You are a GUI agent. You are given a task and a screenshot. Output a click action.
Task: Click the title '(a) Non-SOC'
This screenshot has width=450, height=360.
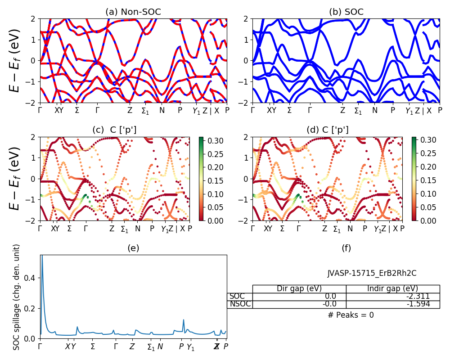(x=133, y=12)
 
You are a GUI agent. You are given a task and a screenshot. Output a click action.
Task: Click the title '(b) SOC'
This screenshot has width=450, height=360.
(x=346, y=12)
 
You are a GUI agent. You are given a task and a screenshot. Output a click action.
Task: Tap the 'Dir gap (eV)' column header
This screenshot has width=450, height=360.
(x=299, y=288)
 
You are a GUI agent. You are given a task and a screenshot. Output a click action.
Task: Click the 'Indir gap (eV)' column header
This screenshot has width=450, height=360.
(x=392, y=288)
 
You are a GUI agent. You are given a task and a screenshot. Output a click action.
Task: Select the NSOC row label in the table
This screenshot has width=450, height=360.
(x=240, y=304)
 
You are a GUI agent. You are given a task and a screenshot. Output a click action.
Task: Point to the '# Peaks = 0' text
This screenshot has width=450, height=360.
(x=351, y=315)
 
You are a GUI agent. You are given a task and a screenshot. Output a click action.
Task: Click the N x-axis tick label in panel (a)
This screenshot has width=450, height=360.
(x=162, y=110)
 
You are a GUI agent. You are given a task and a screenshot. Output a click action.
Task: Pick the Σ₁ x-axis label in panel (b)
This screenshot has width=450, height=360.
(x=358, y=111)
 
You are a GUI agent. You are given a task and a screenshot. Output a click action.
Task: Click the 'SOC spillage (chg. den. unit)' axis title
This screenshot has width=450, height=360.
(x=17, y=297)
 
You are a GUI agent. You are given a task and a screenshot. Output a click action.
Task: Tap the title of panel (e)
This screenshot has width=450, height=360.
(x=133, y=248)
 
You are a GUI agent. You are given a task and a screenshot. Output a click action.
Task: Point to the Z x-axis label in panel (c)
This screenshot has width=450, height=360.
(x=112, y=229)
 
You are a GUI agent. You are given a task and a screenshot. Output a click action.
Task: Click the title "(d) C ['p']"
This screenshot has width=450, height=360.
(x=327, y=130)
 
